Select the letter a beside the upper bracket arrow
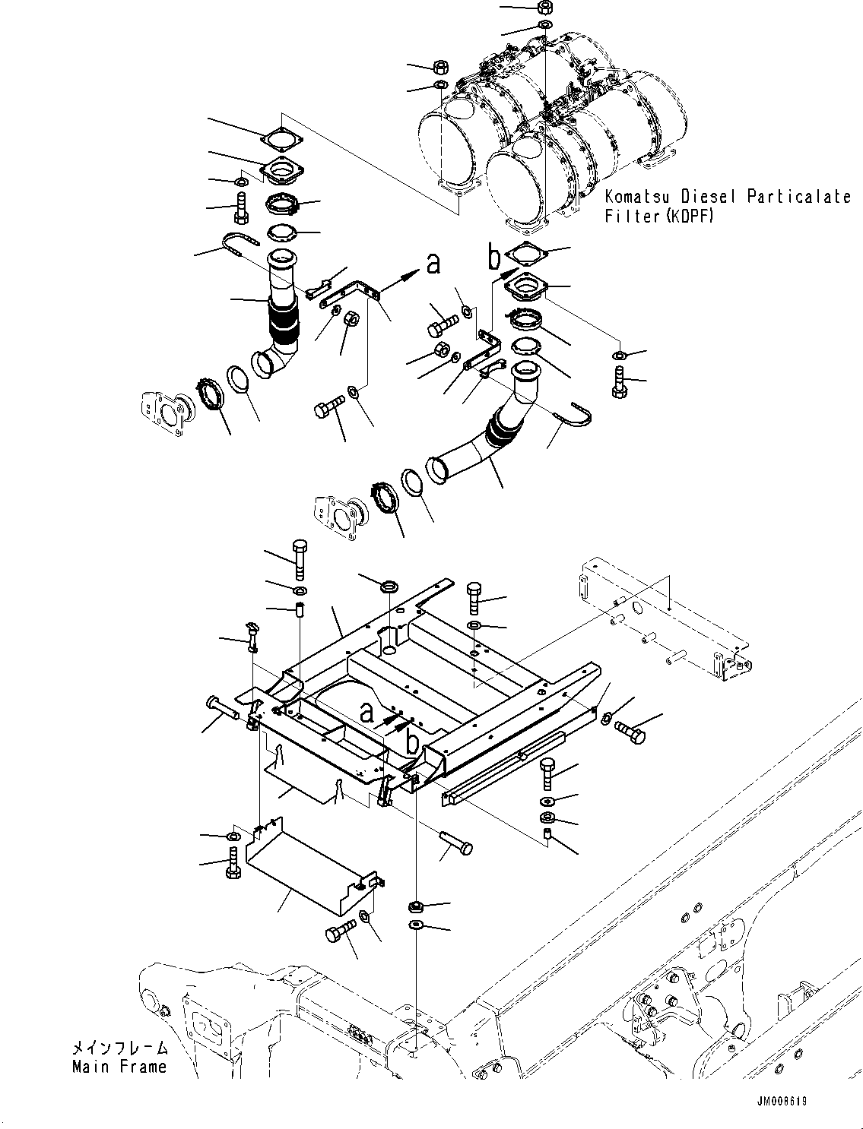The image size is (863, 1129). click(433, 263)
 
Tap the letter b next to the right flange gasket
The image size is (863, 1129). click(494, 258)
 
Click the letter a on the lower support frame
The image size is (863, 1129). click(367, 712)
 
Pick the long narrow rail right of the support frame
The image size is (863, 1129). click(502, 767)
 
